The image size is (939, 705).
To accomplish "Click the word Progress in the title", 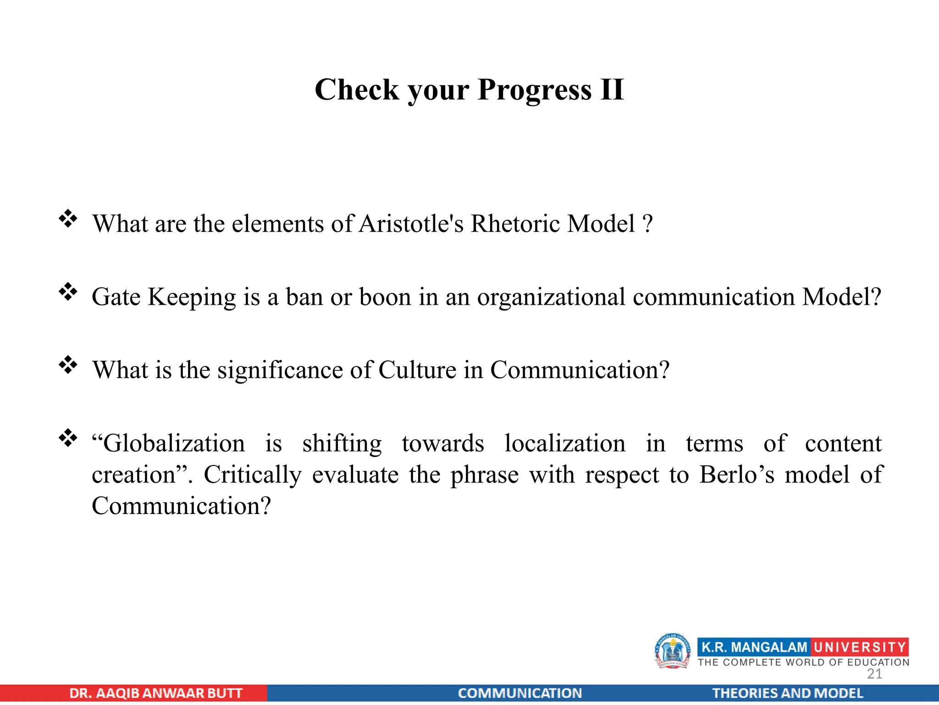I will tap(534, 90).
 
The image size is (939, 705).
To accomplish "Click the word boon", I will tap(385, 297).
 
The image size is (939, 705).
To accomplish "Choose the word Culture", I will tap(417, 370).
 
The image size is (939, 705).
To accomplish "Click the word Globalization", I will tap(169, 443).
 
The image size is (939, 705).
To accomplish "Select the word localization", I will tap(565, 443).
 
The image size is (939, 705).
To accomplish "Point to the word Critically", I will tap(253, 475).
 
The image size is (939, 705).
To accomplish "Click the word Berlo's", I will tap(737, 475).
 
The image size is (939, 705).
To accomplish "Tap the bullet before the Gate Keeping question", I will tap(68, 291).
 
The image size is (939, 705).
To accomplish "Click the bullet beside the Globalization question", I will tap(68, 438).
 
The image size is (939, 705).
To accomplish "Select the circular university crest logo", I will tap(672, 651).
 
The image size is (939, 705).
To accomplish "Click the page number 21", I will tap(874, 674).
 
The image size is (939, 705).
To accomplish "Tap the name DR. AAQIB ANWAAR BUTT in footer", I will tap(156, 693).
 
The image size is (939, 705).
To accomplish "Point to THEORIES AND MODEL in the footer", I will tap(787, 693).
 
